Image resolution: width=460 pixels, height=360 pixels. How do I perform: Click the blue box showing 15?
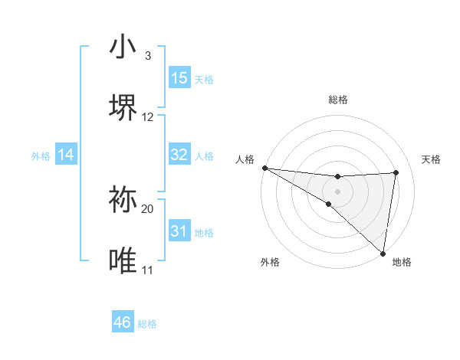179,78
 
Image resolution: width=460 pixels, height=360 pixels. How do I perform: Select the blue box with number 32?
179,155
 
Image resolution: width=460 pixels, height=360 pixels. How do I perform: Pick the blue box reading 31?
179,231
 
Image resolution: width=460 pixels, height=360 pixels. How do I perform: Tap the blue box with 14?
66,155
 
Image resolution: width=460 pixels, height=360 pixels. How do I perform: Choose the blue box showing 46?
123,322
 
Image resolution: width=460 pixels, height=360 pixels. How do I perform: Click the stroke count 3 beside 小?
148,56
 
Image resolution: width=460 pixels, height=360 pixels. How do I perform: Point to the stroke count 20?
148,208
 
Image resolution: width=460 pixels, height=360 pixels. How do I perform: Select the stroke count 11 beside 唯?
148,270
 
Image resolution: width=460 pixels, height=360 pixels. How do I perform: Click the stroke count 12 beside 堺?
148,116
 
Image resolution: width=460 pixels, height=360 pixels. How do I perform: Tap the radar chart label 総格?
338,100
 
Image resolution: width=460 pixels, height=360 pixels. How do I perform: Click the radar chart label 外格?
270,262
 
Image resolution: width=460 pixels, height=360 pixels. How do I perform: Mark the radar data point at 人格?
264,167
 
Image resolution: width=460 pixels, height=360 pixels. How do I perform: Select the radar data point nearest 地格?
383,253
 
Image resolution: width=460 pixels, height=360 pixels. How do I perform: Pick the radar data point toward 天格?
396,172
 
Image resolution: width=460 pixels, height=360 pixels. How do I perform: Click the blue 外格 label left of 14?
41,155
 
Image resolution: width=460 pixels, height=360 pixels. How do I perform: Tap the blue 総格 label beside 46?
147,324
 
